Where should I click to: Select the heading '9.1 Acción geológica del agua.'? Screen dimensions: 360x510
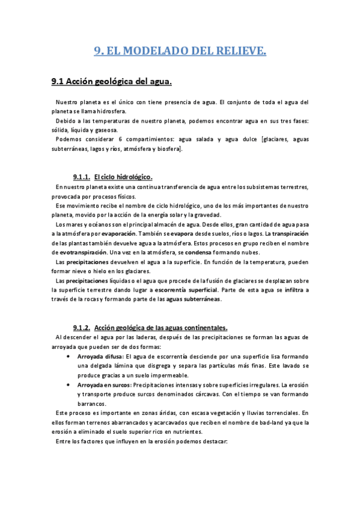click(112, 81)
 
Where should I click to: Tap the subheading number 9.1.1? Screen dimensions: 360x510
click(81, 177)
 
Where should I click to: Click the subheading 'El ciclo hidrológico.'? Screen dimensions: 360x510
click(123, 177)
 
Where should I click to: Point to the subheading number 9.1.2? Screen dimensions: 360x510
click(81, 328)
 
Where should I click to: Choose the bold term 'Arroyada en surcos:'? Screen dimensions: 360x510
click(104, 385)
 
